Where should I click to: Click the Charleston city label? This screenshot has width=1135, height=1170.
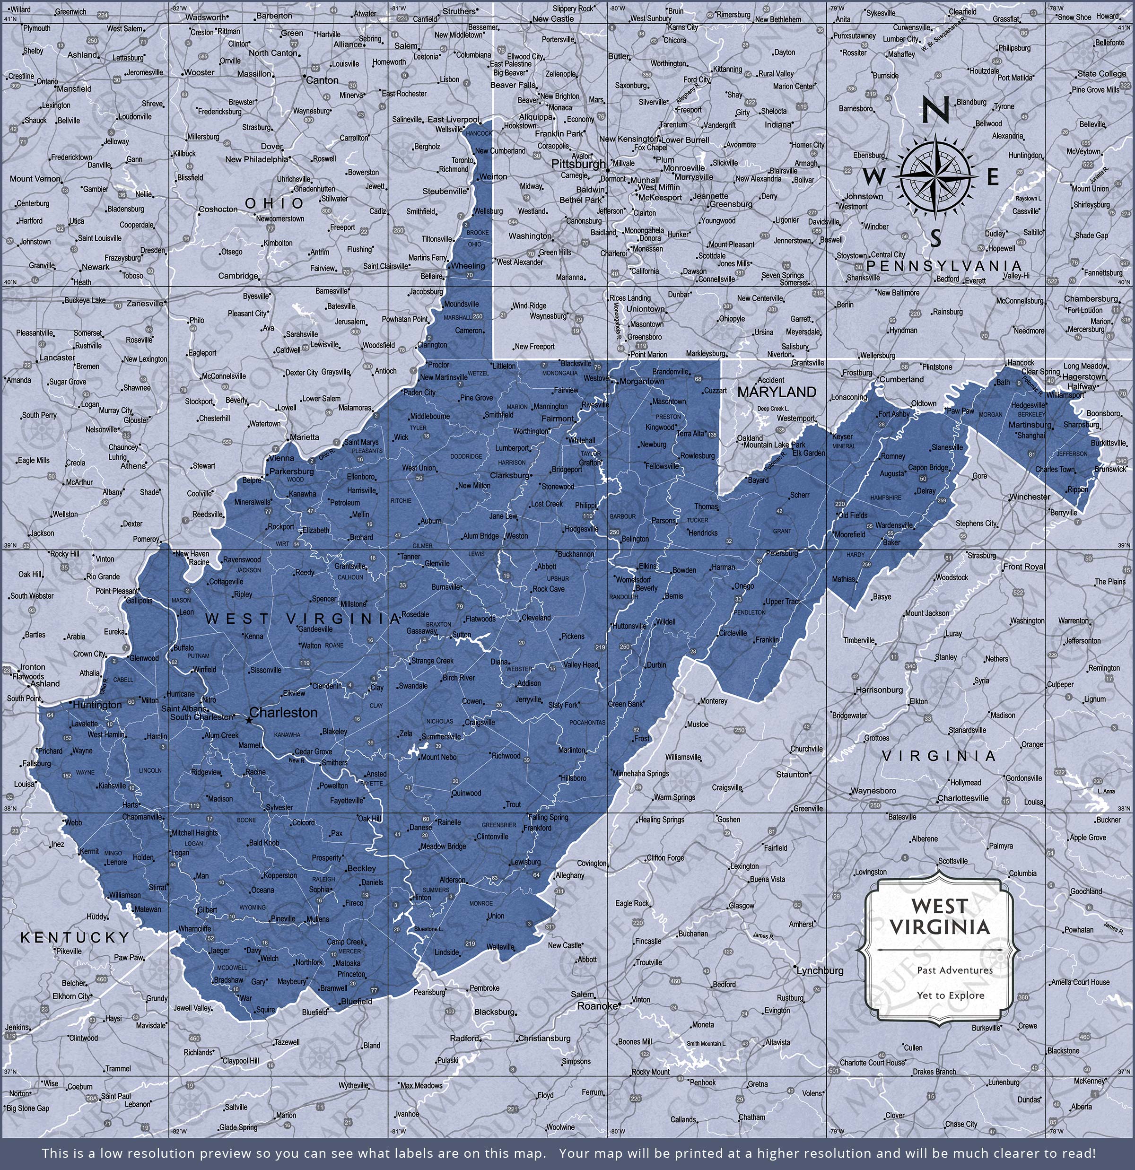[x=284, y=713]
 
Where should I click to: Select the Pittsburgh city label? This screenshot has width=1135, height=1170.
[x=578, y=164]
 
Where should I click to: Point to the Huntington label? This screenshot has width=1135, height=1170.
[x=98, y=705]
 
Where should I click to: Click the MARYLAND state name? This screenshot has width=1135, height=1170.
[x=776, y=392]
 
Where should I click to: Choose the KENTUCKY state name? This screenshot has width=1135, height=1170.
[x=75, y=938]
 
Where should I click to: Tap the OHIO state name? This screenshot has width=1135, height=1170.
[x=275, y=203]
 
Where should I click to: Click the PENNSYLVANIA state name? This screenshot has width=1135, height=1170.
[x=944, y=266]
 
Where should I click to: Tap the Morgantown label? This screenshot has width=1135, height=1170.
[x=642, y=382]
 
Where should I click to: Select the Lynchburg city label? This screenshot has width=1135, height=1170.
[x=821, y=970]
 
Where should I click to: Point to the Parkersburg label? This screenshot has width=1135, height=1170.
[x=292, y=471]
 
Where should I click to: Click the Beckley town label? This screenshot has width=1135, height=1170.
[x=362, y=869]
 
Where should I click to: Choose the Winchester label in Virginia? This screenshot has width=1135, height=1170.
[x=1030, y=497]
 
